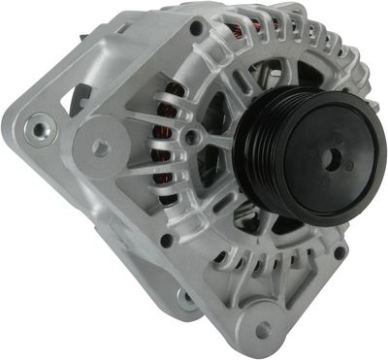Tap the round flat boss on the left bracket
point(100,147)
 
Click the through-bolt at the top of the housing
point(198,30)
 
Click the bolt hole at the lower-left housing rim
point(166,241)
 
